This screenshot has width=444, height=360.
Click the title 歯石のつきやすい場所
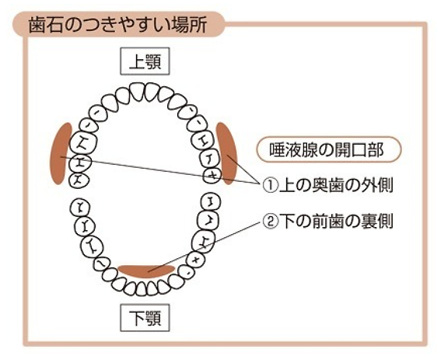pyautogui.click(x=117, y=25)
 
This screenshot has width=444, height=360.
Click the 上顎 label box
pyautogui.click(x=145, y=61)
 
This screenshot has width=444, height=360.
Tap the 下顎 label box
pyautogui.click(x=145, y=318)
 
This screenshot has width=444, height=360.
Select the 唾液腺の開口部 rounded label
pyautogui.click(x=329, y=149)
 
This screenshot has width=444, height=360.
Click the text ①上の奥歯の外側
pyautogui.click(x=327, y=185)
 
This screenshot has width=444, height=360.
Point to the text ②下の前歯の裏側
pyautogui.click(x=327, y=222)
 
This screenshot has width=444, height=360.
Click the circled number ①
pyautogui.click(x=269, y=185)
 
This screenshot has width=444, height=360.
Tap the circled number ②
pyautogui.click(x=269, y=222)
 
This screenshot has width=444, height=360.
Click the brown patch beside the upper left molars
pyautogui.click(x=61, y=153)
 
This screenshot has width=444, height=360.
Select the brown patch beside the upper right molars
pyautogui.click(x=227, y=153)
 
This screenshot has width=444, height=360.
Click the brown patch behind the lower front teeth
pyautogui.click(x=146, y=271)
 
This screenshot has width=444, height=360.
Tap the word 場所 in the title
pyautogui.click(x=189, y=25)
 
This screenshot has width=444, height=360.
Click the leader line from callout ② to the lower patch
pyautogui.click(x=204, y=246)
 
